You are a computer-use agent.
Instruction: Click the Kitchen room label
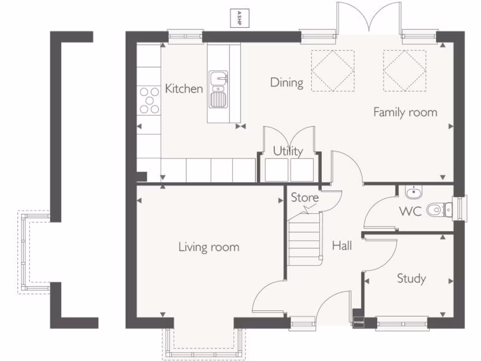point(184,88)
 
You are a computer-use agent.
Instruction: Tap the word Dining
point(287,83)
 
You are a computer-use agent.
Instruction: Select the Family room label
point(405,112)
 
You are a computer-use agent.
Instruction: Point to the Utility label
point(288,151)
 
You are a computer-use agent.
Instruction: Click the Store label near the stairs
point(304,197)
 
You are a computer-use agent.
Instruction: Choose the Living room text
point(209,247)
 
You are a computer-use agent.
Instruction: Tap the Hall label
point(342,245)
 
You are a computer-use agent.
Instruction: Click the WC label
point(410,211)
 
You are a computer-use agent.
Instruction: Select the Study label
point(411,278)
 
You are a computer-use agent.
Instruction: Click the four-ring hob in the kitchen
point(149,100)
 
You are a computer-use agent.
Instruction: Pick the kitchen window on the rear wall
point(186,36)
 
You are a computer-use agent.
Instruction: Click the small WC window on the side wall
point(463,208)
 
